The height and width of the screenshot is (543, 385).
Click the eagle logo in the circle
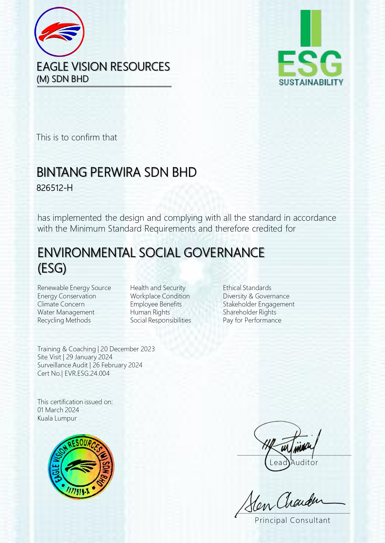[x=59, y=32]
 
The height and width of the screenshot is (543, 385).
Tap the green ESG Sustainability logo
[x=310, y=48]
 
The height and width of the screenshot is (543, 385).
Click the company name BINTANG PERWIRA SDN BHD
[x=117, y=172]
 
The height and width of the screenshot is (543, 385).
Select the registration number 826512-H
[x=54, y=188]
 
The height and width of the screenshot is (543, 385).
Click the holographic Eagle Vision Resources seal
[x=81, y=467]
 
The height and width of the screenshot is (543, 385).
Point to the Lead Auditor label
[x=293, y=463]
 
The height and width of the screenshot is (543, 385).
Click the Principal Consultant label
[x=292, y=520]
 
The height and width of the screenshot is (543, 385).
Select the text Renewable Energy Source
[x=74, y=288]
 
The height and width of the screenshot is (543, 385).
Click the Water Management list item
[x=66, y=312]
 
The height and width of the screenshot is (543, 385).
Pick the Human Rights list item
[x=150, y=312]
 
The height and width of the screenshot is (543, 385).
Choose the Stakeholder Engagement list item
[x=259, y=304]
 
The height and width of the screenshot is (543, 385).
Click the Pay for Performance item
[x=252, y=320]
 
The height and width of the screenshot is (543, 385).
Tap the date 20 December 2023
[x=127, y=349]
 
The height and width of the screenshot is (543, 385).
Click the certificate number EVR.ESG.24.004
[x=87, y=374]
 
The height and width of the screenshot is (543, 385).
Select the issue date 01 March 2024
[x=58, y=410]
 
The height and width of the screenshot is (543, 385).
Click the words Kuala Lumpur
[x=57, y=418]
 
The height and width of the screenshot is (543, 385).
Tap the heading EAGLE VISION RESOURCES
[x=103, y=67]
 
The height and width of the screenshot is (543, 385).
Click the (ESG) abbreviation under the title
[x=52, y=268]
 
